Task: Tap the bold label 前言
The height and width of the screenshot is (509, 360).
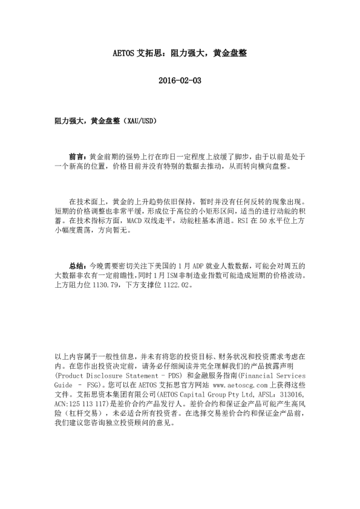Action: click(x=77, y=156)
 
